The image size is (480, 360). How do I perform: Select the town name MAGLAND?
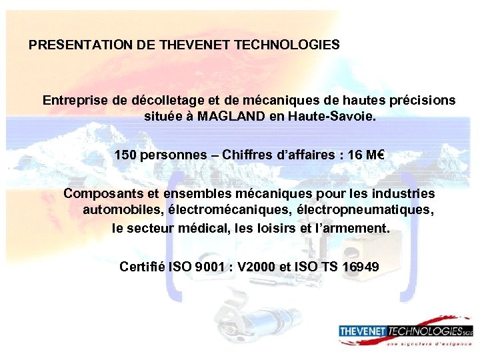tap(232, 117)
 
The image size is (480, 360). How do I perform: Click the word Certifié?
tap(142, 267)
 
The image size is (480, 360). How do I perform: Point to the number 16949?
tap(361, 267)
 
